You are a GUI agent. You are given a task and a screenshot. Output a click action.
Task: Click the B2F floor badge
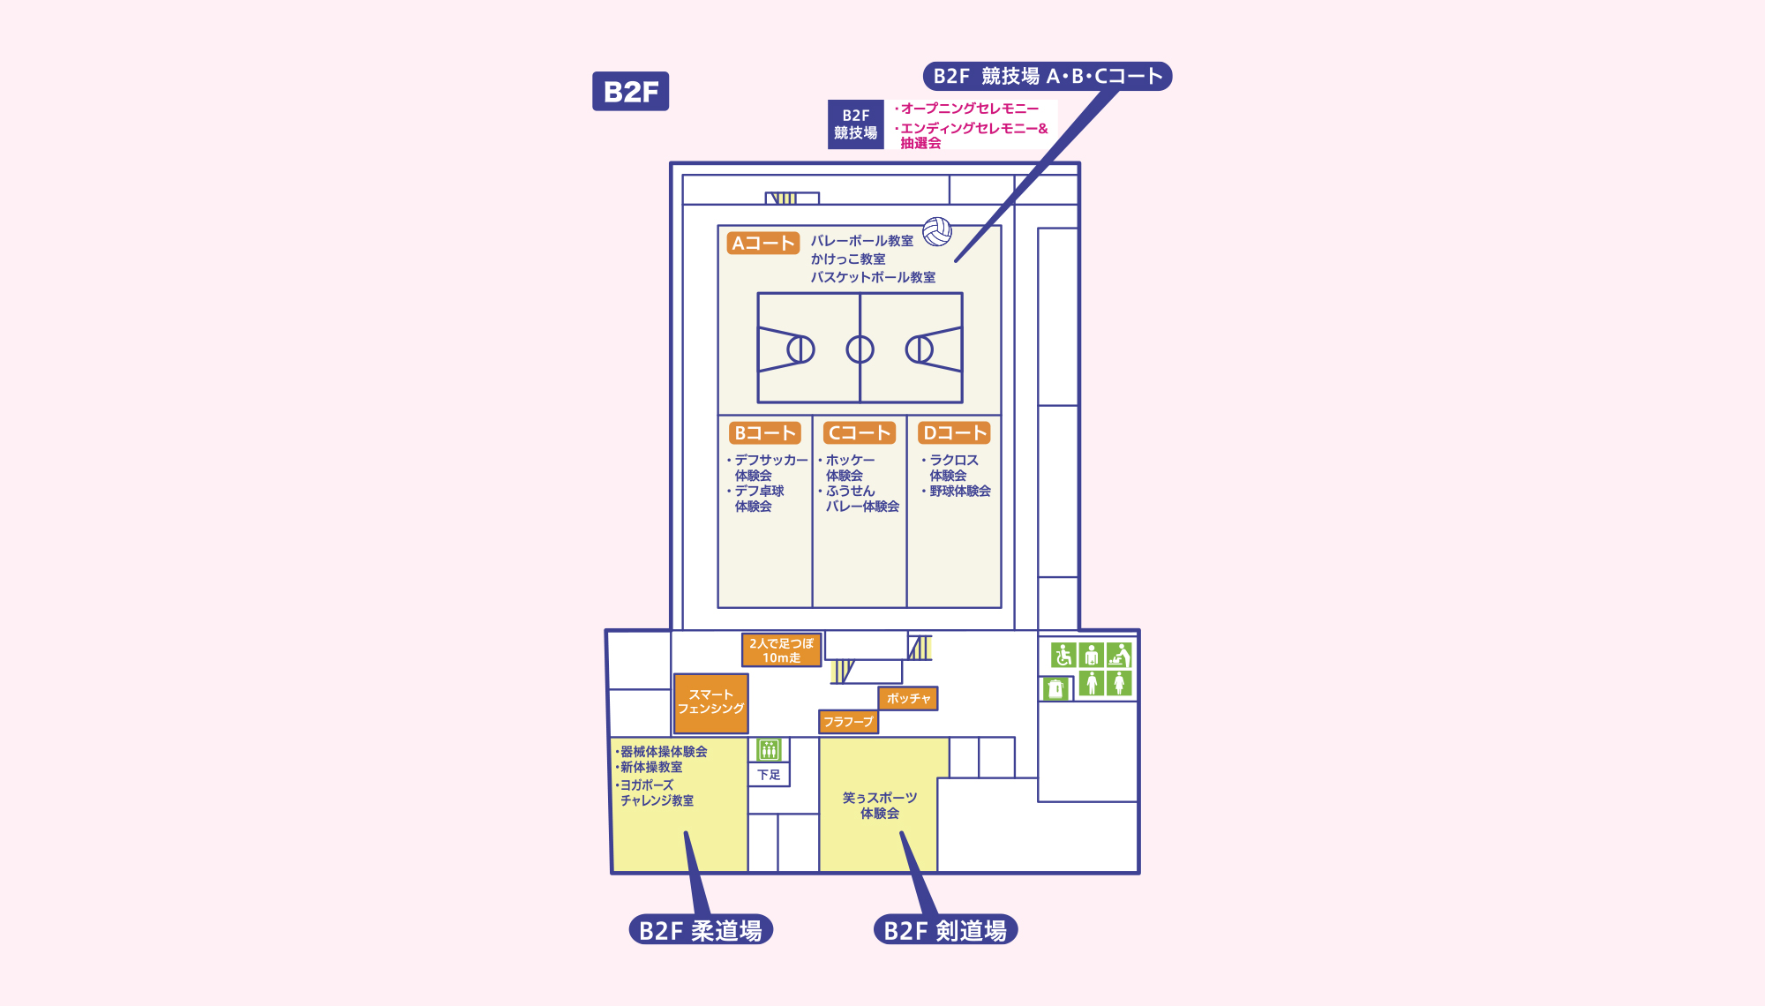coord(630,91)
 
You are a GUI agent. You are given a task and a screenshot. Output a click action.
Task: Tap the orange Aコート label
coord(762,243)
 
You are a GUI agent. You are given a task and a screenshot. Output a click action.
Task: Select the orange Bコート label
coord(765,432)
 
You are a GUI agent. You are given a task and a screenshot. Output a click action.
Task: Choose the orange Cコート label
coord(860,432)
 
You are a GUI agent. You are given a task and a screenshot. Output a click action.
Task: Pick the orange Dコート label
coord(954,432)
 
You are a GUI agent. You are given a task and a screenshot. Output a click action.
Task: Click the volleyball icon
coord(937,232)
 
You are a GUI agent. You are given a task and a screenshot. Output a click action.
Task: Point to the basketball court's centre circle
coord(860,349)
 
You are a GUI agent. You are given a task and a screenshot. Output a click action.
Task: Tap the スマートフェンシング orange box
coord(710,702)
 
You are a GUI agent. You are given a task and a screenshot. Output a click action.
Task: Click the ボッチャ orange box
coord(908,698)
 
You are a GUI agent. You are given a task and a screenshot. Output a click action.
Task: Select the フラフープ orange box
coord(848,722)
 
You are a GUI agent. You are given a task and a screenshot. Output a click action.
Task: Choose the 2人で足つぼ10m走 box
coord(781,650)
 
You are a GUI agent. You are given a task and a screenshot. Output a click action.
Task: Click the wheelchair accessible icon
coord(1063,655)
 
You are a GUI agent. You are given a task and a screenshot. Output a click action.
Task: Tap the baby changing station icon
coord(1119,655)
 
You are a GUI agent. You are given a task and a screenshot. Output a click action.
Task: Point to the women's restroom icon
coord(1119,682)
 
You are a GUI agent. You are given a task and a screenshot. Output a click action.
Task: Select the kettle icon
coord(1055,688)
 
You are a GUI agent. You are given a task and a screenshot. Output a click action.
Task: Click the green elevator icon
coord(769,750)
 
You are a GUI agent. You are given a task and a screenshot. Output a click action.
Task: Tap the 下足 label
coord(769,775)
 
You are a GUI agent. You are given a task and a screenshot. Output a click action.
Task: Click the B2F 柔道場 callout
coord(701,930)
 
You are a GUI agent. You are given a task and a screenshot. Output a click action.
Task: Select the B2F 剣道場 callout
coord(945,930)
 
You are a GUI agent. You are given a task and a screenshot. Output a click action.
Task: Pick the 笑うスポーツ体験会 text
coord(879,805)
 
